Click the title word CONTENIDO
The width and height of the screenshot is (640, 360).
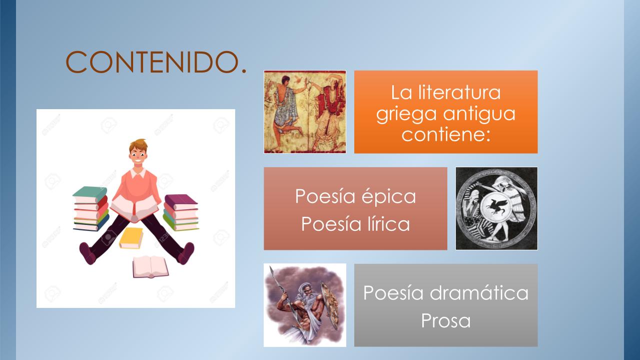156,62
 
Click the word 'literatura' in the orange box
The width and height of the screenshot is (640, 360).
459,92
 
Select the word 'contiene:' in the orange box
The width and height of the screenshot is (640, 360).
446,134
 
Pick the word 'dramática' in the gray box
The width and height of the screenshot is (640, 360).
479,292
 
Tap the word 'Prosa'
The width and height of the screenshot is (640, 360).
446,320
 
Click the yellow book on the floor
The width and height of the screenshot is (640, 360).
131,238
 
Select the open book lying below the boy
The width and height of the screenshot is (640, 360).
151,267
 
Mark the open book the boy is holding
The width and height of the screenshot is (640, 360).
135,208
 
